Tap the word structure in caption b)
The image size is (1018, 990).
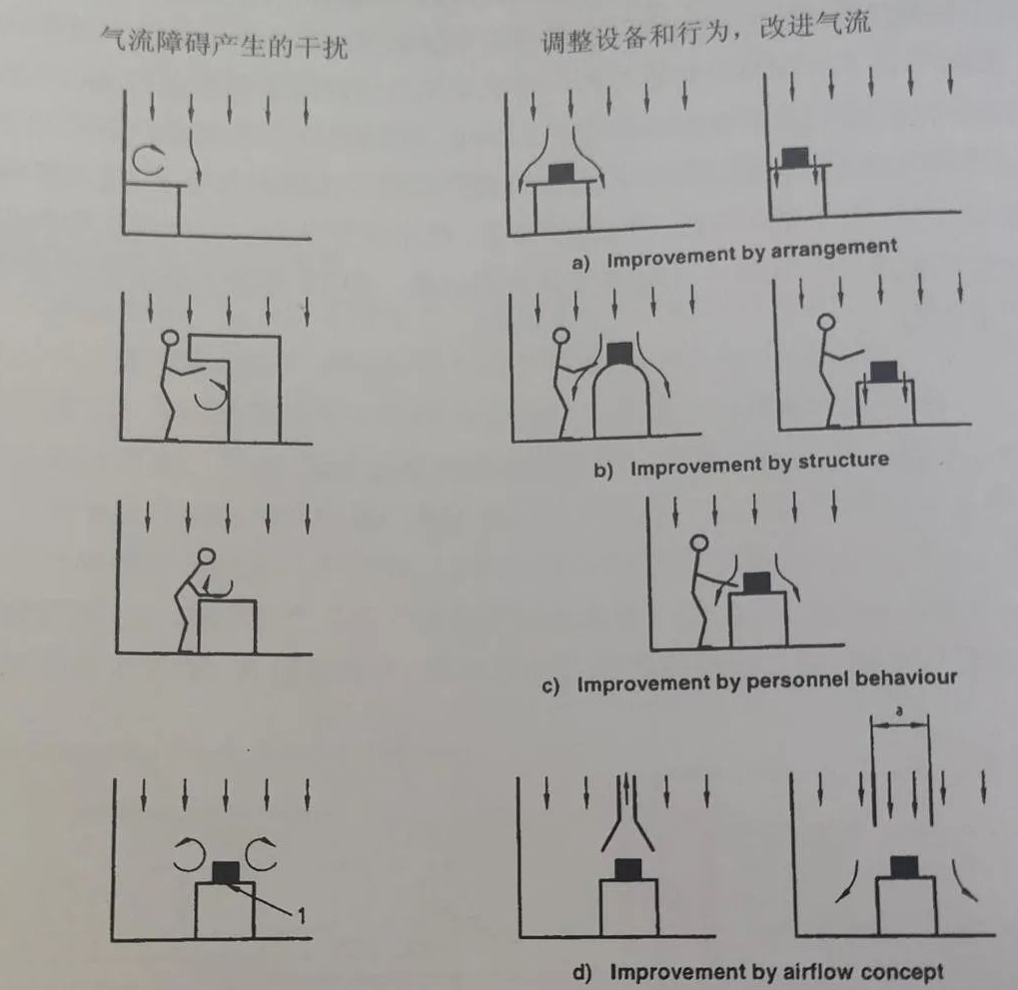pos(843,461)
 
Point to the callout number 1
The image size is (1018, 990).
pos(302,916)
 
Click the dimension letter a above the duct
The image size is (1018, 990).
pos(899,711)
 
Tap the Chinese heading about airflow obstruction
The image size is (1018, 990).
pos(224,44)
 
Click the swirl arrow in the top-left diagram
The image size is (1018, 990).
pos(149,161)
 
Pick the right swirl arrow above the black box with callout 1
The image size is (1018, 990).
pos(262,854)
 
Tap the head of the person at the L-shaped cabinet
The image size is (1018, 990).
pos(171,338)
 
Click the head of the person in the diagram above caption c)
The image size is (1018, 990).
pos(699,542)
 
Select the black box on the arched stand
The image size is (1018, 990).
pos(618,354)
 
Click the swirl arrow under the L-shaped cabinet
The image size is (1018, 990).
pos(211,395)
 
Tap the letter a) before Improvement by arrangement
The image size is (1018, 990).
pos(580,263)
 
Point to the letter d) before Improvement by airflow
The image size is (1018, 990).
pos(582,972)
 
